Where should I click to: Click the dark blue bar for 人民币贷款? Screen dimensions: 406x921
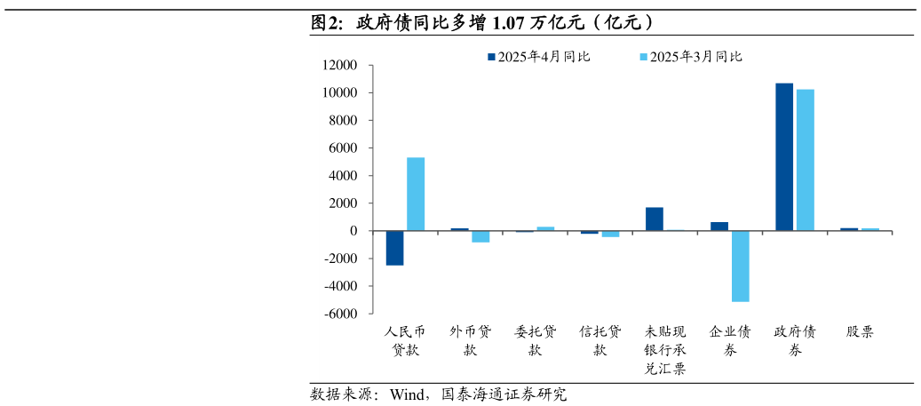tap(394, 248)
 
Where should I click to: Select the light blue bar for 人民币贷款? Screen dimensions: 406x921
tap(416, 194)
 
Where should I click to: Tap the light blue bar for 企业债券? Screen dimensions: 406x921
tap(740, 266)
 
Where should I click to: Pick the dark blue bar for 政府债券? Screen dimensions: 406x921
tap(784, 156)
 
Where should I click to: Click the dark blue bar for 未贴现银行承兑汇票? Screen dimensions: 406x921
tap(655, 219)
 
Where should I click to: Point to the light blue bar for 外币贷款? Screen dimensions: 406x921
tap(480, 236)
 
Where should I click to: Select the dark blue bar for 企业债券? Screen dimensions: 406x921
tap(719, 227)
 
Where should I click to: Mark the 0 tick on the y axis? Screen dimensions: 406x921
tap(353, 231)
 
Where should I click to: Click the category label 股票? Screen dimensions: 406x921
tap(860, 332)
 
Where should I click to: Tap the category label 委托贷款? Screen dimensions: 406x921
tap(536, 341)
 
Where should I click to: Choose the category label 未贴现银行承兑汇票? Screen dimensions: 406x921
tap(665, 350)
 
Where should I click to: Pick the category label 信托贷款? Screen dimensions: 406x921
tap(600, 341)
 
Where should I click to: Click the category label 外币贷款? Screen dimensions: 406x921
tap(471, 341)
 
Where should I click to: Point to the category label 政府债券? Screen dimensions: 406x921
tap(795, 341)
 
